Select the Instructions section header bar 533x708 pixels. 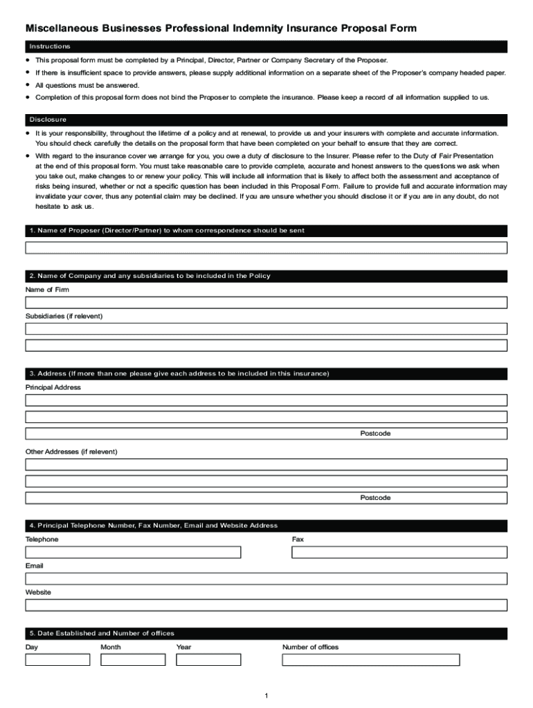click(266, 46)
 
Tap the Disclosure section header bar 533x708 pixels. click(266, 119)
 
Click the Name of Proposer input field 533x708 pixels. click(266, 248)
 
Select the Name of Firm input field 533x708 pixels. click(266, 303)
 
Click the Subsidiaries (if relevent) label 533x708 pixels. click(64, 316)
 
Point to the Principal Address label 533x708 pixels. click(53, 387)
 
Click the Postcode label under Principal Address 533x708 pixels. click(375, 434)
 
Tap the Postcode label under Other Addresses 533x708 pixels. click(375, 498)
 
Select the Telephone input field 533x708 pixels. click(133, 552)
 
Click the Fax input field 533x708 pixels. click(399, 552)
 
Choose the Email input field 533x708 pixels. click(266, 579)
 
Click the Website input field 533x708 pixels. click(266, 605)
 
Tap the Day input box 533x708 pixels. click(57, 660)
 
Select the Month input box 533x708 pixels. click(133, 660)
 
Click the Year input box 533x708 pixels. click(208, 660)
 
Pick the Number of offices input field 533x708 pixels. click(370, 660)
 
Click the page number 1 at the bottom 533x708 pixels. click(266, 696)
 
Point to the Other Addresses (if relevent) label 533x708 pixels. click(71, 451)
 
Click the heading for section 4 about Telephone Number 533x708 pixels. click(154, 525)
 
